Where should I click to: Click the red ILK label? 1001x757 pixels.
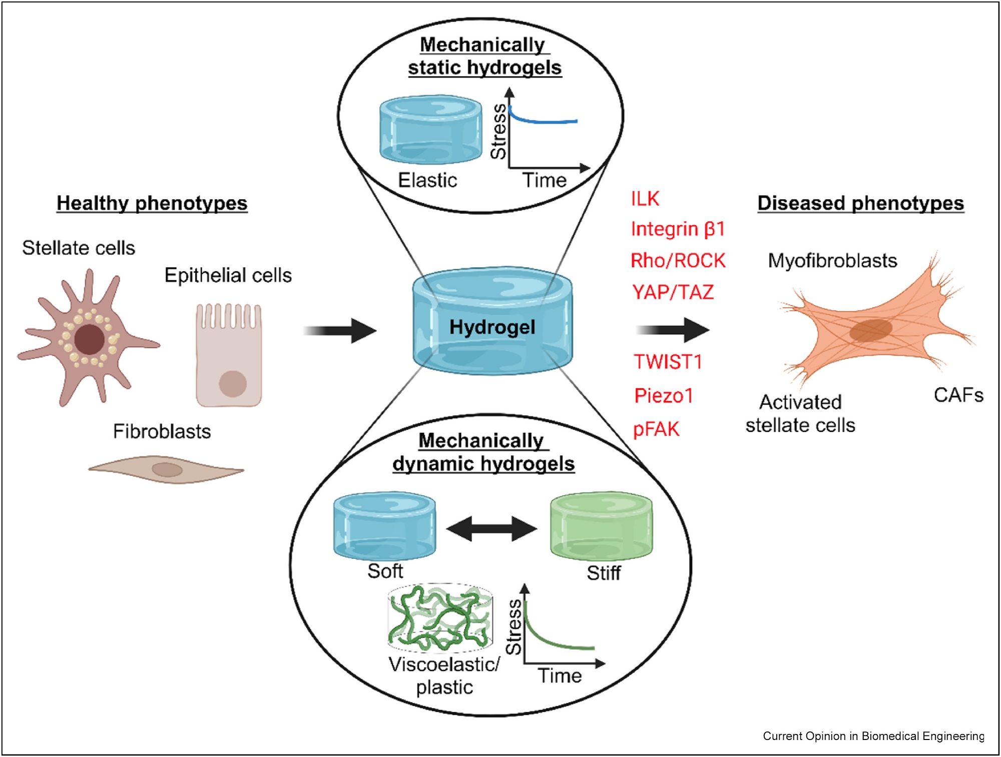pos(645,199)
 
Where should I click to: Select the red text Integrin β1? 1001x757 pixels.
pos(678,229)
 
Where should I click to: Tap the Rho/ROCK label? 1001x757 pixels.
pos(678,261)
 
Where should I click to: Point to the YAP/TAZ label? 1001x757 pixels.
pos(673,292)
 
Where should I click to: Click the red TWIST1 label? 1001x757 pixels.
pos(668,362)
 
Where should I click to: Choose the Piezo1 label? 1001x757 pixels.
pos(664,396)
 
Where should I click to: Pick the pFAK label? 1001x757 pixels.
pos(656,429)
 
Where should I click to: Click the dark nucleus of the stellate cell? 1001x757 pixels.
pos(89,339)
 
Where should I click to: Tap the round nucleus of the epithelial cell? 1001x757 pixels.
pos(233,384)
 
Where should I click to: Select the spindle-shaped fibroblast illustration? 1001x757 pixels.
pos(166,469)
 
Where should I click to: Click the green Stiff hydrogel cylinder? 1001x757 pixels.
pos(601,527)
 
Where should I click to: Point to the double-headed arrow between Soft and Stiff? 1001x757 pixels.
pos(491,529)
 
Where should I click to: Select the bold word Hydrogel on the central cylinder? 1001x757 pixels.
pos(492,327)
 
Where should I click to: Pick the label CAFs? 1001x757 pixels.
pos(958,395)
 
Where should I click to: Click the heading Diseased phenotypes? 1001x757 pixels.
pos(860,203)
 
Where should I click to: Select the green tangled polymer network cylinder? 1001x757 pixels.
pos(440,618)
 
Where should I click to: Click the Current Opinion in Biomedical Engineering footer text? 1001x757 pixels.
pos(873,736)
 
